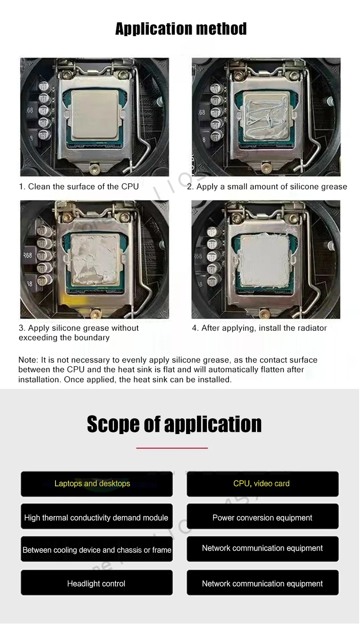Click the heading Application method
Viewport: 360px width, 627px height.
point(181,29)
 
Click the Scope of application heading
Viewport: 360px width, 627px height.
point(174,424)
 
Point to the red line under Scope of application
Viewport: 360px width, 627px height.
point(172,448)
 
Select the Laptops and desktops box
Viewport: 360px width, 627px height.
point(97,484)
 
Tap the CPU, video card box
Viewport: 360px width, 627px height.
point(262,484)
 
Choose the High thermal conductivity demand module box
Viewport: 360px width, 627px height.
point(97,517)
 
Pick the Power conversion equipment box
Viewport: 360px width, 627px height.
point(262,517)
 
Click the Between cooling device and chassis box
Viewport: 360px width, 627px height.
point(97,549)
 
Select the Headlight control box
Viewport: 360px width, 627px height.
point(97,583)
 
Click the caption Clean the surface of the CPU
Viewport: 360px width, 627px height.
point(79,186)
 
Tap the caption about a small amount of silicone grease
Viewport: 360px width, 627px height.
point(267,186)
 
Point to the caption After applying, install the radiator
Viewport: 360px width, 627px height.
point(259,328)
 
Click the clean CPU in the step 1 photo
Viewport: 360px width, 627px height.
point(95,115)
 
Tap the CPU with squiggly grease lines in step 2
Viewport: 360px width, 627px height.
point(266,117)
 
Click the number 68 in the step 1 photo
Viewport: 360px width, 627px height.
point(30,110)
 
